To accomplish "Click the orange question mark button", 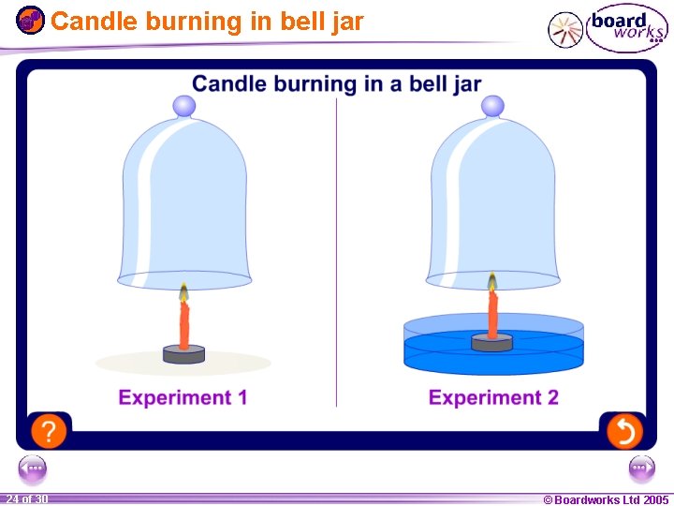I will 49,431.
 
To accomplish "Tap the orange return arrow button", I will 623,431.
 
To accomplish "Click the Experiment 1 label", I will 183,397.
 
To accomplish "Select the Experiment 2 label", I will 493,397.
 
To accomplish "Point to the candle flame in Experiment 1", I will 183,291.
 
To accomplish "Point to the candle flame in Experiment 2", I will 491,282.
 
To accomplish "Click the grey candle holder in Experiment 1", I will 183,354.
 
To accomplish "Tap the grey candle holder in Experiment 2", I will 491,343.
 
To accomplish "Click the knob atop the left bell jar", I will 184,106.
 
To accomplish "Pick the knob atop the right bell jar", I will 493,106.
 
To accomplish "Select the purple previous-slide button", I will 32,467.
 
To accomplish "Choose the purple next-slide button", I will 642,467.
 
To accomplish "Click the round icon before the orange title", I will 30,20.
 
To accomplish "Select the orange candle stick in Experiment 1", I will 184,323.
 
